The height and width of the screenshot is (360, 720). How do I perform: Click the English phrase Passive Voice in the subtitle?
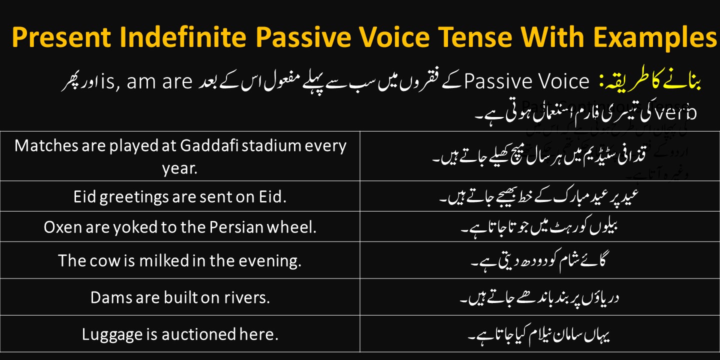tap(526, 82)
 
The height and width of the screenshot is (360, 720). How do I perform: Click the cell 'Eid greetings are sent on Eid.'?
tap(180, 197)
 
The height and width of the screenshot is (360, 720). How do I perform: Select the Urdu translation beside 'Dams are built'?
tap(540, 297)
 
